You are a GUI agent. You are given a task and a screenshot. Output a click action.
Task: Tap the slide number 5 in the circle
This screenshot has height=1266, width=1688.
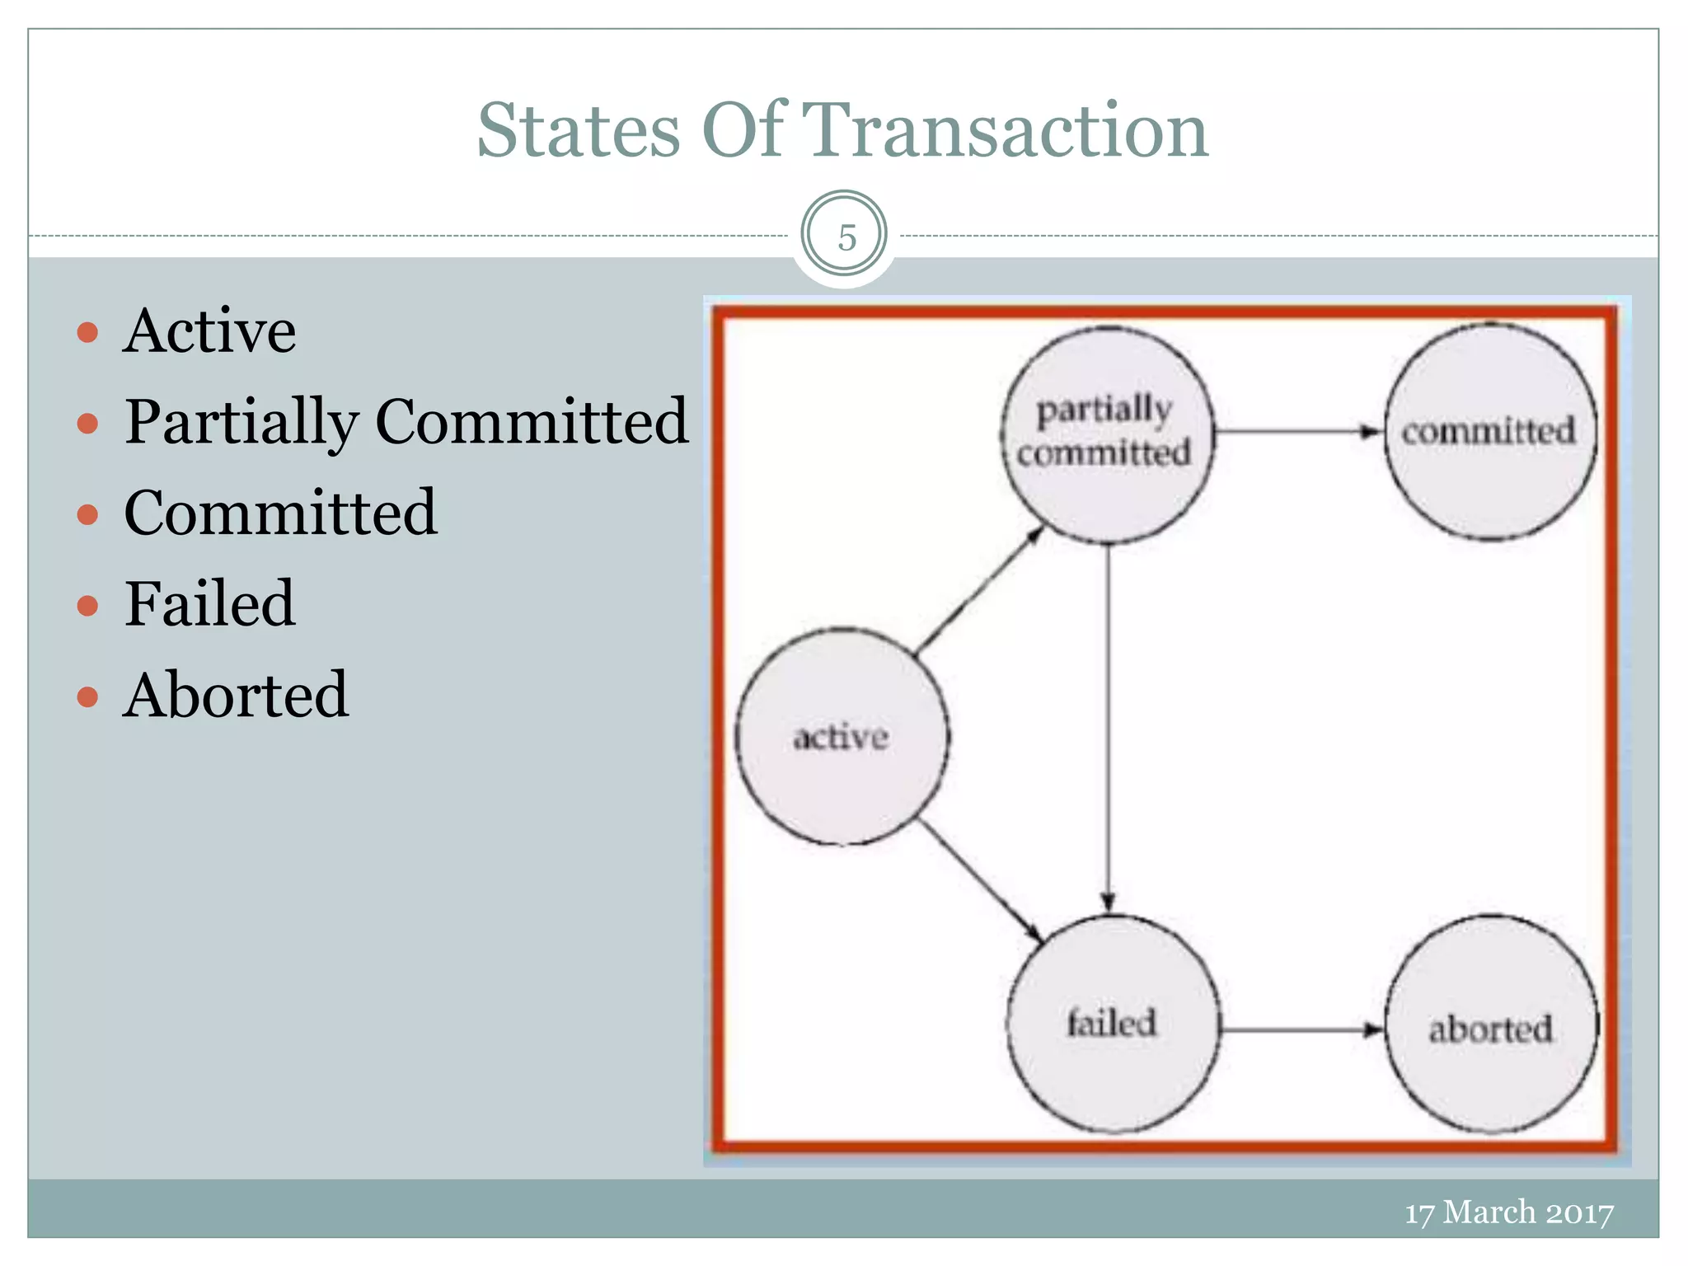pos(846,237)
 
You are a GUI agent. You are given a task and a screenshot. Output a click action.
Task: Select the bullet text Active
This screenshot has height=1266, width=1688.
pos(209,331)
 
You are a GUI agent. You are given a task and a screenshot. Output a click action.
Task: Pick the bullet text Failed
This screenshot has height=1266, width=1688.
pos(209,604)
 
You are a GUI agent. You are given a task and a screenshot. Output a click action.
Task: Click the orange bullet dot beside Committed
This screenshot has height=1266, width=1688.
pos(87,515)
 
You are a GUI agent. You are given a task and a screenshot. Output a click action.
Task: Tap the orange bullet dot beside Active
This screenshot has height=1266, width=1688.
pos(87,332)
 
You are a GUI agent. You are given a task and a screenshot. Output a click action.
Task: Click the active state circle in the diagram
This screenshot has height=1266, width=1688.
pos(842,736)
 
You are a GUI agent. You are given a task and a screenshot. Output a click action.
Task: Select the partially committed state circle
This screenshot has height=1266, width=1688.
pos(1107,434)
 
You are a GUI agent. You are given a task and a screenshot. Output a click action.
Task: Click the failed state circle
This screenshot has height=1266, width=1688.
pos(1112,1024)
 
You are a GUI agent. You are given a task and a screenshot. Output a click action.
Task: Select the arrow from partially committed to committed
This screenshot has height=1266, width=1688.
pos(1298,431)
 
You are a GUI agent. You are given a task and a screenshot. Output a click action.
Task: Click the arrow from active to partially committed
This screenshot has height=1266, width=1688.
pos(979,590)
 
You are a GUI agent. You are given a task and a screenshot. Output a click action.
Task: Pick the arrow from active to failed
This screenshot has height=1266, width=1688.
pos(981,880)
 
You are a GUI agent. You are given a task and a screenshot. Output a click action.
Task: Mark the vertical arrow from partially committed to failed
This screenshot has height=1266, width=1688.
pos(1109,725)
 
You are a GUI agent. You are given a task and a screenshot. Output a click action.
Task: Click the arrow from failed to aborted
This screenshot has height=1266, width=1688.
pos(1301,1029)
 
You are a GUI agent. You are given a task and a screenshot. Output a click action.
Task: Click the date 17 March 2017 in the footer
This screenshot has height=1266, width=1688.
pos(1509,1212)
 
